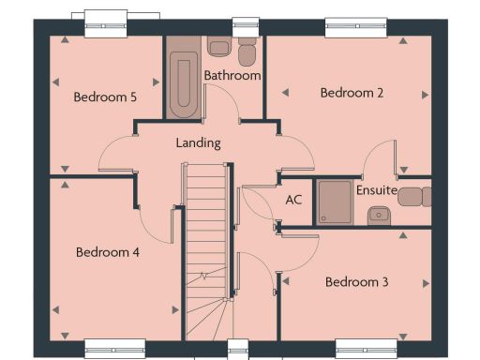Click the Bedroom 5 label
[105, 97]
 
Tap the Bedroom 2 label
[352, 92]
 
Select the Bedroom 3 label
[356, 281]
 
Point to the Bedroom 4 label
[108, 251]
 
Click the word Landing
[199, 143]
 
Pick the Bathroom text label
[232, 75]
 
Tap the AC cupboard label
[293, 200]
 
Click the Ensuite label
[377, 190]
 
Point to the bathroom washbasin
[218, 48]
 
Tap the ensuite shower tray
[333, 202]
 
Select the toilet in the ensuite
[420, 196]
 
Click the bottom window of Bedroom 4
[114, 348]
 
